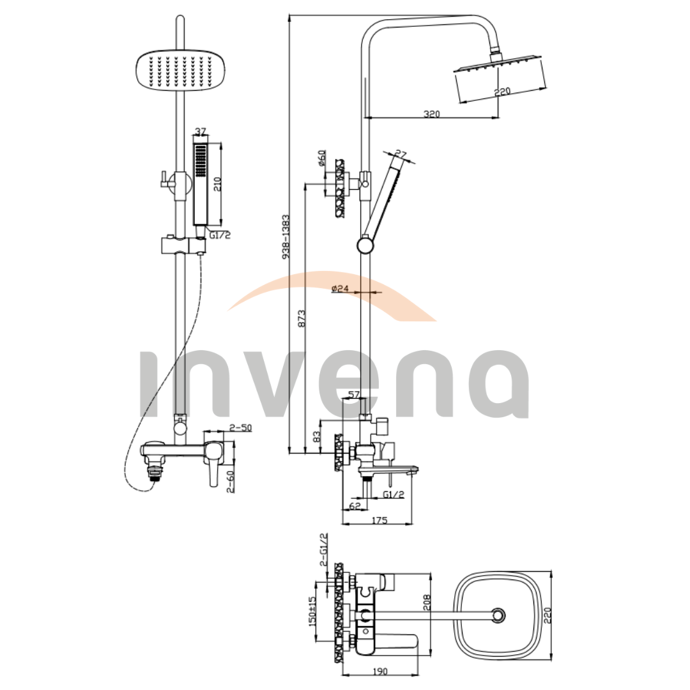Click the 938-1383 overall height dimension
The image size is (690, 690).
(x=286, y=236)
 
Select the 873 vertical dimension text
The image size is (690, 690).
(x=302, y=319)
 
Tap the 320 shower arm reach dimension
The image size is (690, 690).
(x=431, y=114)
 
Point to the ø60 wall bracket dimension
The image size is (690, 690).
(x=321, y=158)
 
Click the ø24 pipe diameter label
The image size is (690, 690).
(x=340, y=288)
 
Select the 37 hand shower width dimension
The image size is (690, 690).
(x=200, y=132)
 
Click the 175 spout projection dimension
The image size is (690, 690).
(x=379, y=520)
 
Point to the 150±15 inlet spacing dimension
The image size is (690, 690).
(x=312, y=611)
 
